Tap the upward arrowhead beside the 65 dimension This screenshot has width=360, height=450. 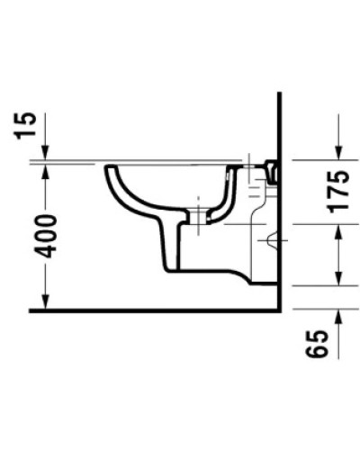click(339, 315)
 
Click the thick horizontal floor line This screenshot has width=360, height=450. click(135, 311)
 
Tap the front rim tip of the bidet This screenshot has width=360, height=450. click(109, 167)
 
